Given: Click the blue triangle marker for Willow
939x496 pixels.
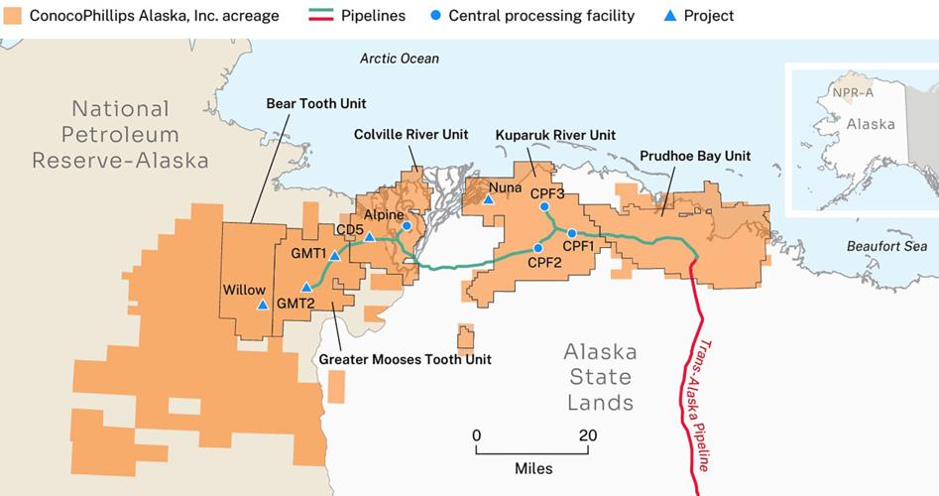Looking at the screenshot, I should pos(262,305).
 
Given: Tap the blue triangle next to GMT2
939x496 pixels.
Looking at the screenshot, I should pos(306,288).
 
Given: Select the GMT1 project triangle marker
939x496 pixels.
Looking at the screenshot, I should pos(335,255).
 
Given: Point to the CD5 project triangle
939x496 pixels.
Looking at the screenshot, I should pos(370,237).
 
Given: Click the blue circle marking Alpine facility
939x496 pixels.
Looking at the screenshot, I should pos(407,226).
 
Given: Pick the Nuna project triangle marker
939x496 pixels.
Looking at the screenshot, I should pos(489,199).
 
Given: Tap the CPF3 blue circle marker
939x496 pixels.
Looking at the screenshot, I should pos(544,206).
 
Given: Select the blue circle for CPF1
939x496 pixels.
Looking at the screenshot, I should pos(572,233).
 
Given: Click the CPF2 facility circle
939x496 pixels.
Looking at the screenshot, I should pos(538,248).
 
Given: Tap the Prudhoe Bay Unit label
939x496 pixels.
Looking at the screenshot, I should pos(695,156).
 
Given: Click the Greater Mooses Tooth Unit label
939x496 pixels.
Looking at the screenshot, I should pos(404,359).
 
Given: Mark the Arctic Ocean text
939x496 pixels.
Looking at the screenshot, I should pos(399,59).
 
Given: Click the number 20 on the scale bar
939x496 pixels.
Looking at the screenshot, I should pos(588,434).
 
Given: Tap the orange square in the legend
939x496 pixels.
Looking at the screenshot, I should pos(12,16).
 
